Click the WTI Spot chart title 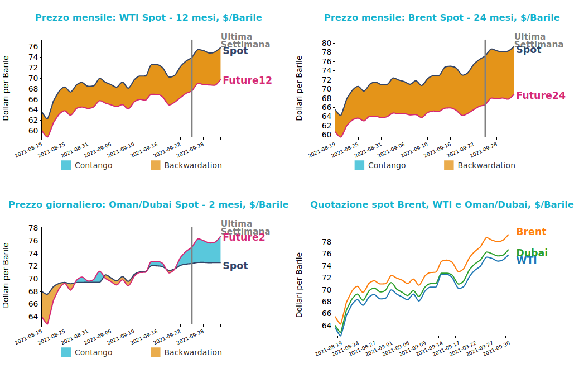[148, 18]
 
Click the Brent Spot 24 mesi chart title [442, 18]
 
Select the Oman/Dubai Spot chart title [148, 205]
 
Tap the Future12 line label [247, 80]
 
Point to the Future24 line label [541, 95]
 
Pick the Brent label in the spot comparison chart [531, 232]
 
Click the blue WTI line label [526, 260]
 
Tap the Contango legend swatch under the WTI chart [66, 165]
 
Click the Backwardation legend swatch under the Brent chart [448, 165]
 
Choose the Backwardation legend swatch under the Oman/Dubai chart [155, 352]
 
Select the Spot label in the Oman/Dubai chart [235, 266]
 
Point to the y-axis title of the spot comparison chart [300, 285]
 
